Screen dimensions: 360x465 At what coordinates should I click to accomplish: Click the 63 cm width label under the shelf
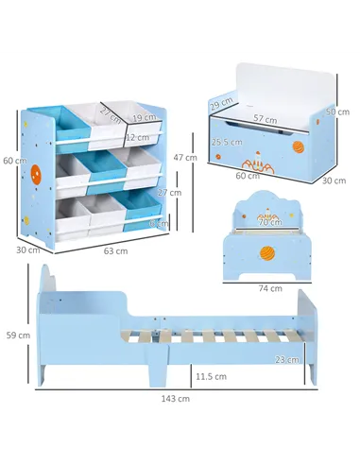[114, 251]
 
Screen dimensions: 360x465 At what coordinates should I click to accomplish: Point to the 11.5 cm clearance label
[211, 376]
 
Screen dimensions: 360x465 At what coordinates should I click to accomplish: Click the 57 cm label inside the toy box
[266, 120]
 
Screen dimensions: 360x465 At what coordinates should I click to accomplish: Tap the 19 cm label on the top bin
[145, 117]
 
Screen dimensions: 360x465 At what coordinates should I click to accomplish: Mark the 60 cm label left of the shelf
[13, 161]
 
